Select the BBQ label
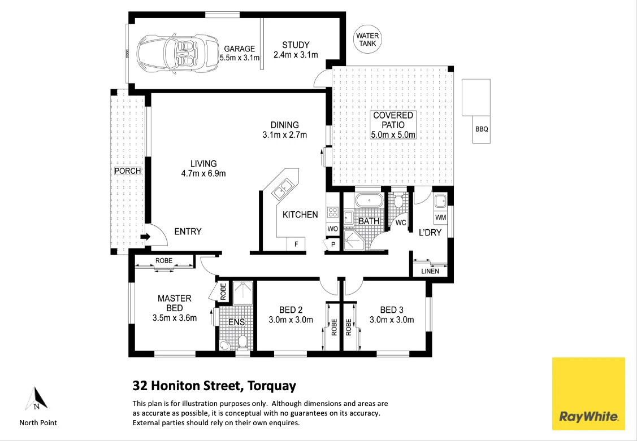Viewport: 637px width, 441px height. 482,129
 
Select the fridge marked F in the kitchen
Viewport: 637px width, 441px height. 296,244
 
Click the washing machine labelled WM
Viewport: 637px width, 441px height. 441,217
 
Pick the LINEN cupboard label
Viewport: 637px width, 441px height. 430,272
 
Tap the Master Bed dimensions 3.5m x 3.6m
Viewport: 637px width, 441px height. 175,318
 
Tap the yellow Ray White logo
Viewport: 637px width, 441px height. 588,393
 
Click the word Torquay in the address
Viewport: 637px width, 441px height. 270,386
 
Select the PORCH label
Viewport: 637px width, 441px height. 127,171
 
